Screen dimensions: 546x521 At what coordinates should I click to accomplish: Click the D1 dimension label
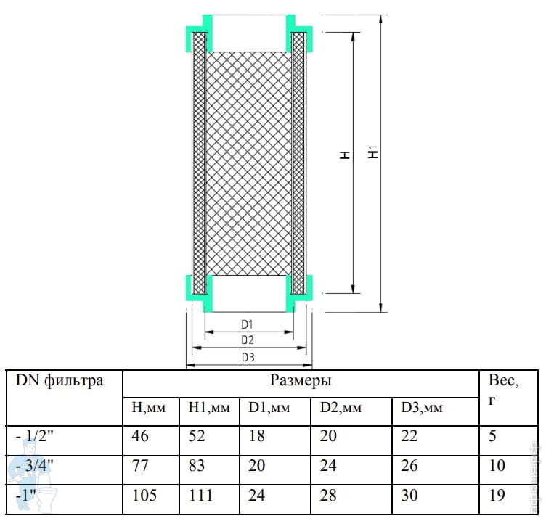[x=247, y=324]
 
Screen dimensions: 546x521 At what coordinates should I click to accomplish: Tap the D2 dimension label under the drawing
[x=248, y=340]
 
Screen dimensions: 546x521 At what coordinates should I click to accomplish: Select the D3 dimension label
[x=248, y=357]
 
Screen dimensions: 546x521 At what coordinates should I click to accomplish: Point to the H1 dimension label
[x=373, y=152]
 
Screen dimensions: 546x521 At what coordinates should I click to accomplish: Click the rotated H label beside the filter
[x=345, y=155]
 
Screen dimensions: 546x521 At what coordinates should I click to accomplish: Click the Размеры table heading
[x=301, y=380]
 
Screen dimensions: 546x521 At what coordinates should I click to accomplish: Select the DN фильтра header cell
[x=60, y=380]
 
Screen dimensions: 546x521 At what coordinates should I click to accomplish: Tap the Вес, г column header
[x=503, y=389]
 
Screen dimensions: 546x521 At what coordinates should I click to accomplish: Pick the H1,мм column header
[x=209, y=408]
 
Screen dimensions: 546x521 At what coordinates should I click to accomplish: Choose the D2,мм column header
[x=341, y=408]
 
